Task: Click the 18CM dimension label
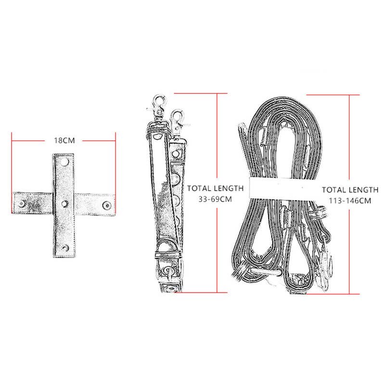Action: pyautogui.click(x=64, y=141)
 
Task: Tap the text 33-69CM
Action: pyautogui.click(x=215, y=199)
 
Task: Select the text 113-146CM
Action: pyautogui.click(x=350, y=201)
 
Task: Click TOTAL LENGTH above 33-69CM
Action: pyautogui.click(x=215, y=188)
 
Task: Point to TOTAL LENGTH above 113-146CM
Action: pyautogui.click(x=350, y=190)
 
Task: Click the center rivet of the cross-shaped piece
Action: pyautogui.click(x=64, y=204)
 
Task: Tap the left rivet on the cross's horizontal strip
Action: pyautogui.click(x=22, y=204)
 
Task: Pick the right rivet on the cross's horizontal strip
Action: pyautogui.click(x=106, y=205)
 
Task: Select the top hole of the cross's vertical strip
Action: pyautogui.click(x=65, y=162)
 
